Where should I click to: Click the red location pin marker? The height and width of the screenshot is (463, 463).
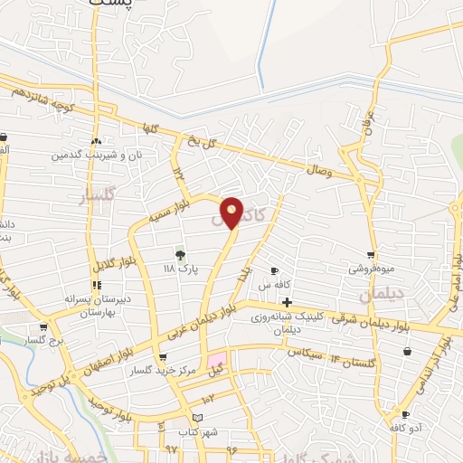(x=232, y=211)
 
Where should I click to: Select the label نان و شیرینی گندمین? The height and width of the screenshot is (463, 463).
(x=95, y=156)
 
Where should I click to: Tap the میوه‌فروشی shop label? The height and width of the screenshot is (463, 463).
(x=369, y=269)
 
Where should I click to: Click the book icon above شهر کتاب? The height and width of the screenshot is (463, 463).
(x=198, y=416)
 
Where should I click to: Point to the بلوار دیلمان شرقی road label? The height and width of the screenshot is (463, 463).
(x=371, y=320)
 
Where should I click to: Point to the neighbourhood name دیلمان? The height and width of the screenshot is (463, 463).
(x=379, y=295)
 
